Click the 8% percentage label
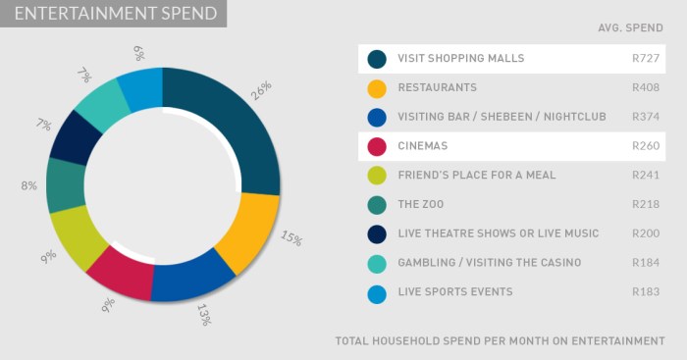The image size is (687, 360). (x=28, y=184)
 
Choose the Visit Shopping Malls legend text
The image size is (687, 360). (x=461, y=59)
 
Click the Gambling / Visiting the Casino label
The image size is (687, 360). (x=490, y=263)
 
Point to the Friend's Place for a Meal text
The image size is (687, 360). (x=477, y=176)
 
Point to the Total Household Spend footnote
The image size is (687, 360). (x=500, y=340)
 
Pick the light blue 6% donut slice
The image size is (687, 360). (x=140, y=89)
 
